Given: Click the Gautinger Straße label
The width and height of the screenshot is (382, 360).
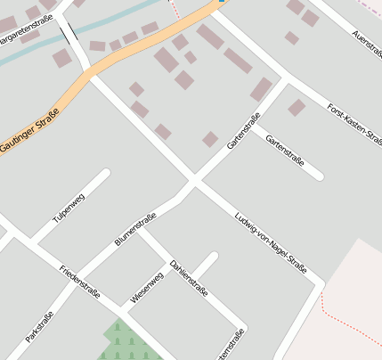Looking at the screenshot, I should [x=30, y=130].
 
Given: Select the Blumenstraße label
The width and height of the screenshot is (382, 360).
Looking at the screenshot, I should [x=135, y=228].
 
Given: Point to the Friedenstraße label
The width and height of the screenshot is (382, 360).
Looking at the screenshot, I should [x=79, y=282].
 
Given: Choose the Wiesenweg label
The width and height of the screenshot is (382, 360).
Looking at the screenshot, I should [x=147, y=288].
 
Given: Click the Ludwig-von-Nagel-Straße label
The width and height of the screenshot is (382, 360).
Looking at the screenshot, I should [x=270, y=241].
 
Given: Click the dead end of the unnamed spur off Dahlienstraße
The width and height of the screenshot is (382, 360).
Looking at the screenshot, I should [x=213, y=257].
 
